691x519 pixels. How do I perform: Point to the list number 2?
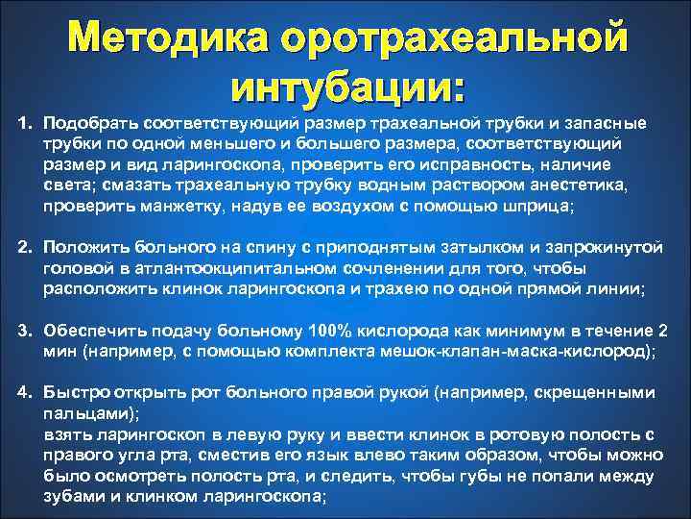(27, 247)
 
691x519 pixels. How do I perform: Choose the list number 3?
(27, 332)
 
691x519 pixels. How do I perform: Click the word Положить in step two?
(88, 247)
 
